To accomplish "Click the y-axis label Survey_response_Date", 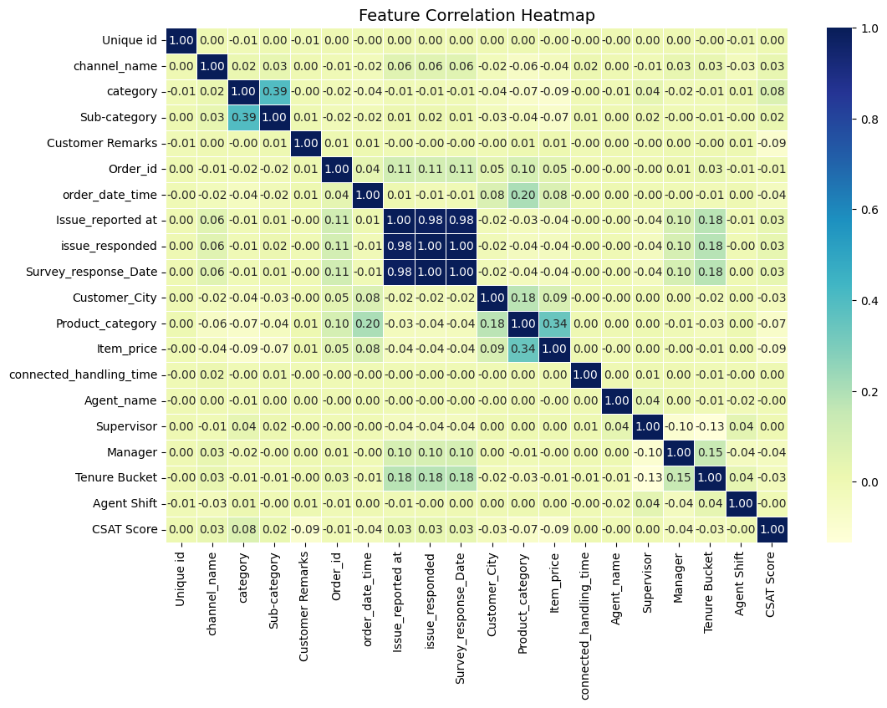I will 102,272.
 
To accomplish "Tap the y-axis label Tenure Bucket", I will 121,478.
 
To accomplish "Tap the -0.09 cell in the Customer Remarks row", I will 771,143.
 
